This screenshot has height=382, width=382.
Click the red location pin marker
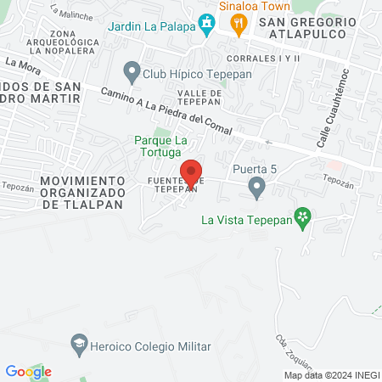click(x=192, y=173)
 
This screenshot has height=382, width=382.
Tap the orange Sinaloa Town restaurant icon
click(x=239, y=25)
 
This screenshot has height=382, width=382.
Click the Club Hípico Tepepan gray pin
click(x=132, y=70)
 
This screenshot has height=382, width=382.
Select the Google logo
click(x=29, y=372)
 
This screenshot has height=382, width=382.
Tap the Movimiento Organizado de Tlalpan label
click(x=81, y=193)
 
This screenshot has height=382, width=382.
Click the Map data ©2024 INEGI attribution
click(x=332, y=375)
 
